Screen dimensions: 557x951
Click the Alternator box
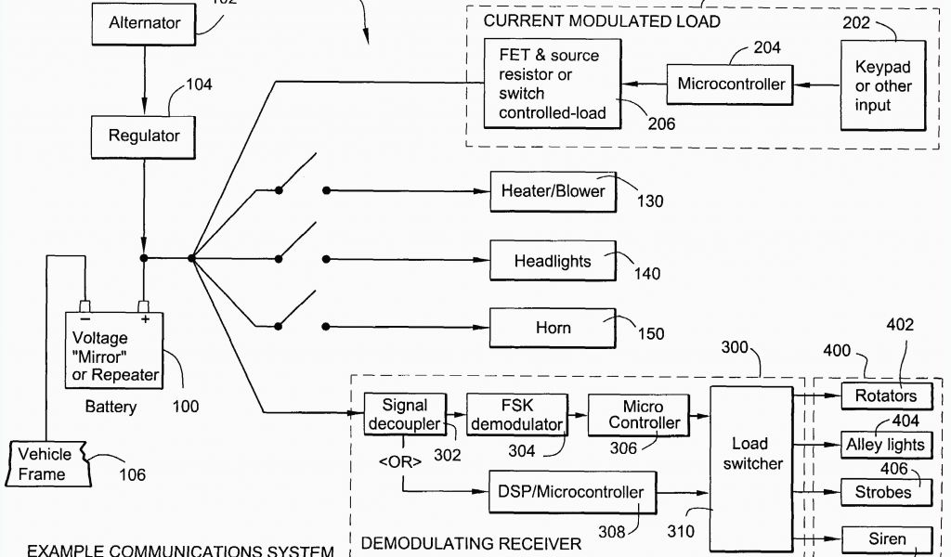pyautogui.click(x=143, y=22)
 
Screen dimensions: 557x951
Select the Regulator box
pyautogui.click(x=144, y=136)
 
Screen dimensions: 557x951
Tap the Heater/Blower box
pyautogui.click(x=553, y=191)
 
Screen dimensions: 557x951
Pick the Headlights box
pyautogui.click(x=553, y=261)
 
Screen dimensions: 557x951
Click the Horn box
pyautogui.click(x=553, y=328)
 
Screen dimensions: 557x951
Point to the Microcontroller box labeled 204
pyautogui.click(x=731, y=84)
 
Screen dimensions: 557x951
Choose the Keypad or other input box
pyautogui.click(x=883, y=86)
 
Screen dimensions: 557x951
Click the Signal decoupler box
pyautogui.click(x=405, y=415)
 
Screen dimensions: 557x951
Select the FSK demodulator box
pyautogui.click(x=515, y=415)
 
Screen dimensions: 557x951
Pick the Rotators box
pyautogui.click(x=885, y=395)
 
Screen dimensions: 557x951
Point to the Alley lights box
pyautogui.click(x=885, y=445)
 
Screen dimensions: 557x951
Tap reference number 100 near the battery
pyautogui.click(x=185, y=407)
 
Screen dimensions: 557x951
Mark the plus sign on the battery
pyautogui.click(x=146, y=318)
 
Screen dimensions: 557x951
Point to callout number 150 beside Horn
pyautogui.click(x=651, y=333)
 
